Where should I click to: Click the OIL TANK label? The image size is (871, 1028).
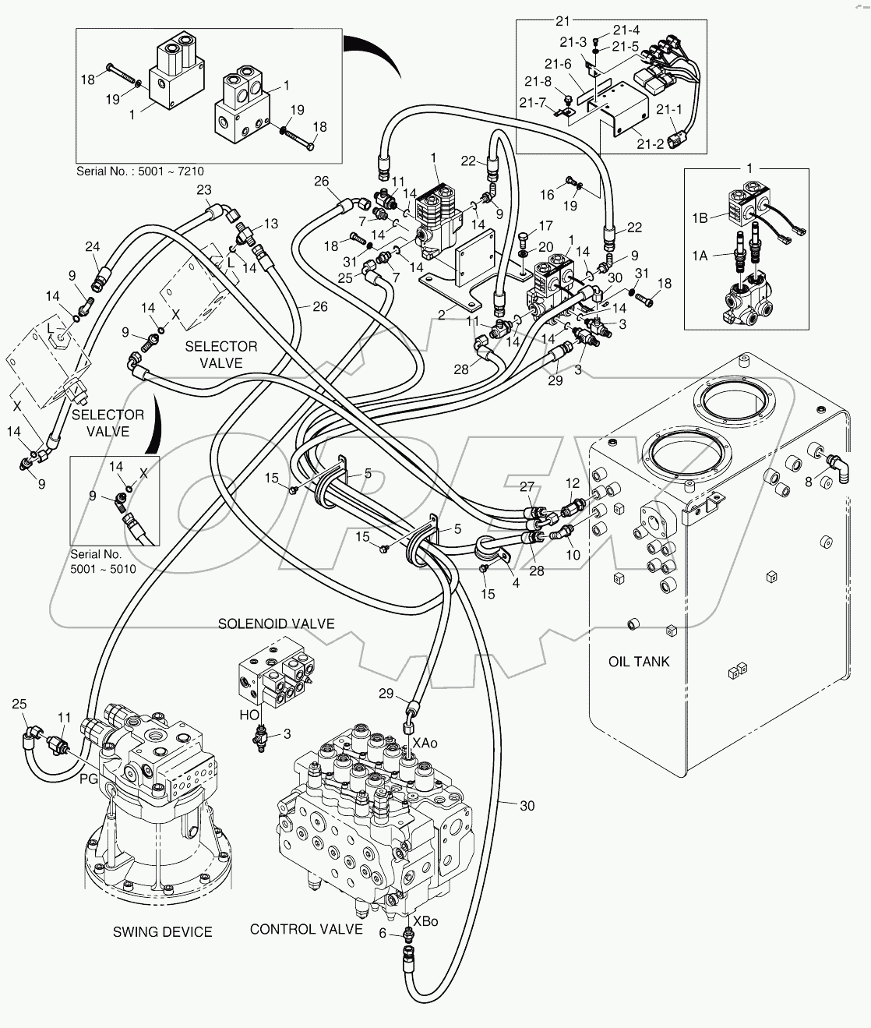tap(638, 662)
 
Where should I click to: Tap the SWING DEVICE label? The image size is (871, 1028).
tap(162, 931)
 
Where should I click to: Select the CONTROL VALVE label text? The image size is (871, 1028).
tap(306, 929)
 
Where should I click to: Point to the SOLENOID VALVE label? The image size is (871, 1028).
tap(276, 624)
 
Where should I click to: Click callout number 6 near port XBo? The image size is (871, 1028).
tap(383, 933)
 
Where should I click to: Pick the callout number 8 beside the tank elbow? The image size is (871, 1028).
tap(809, 482)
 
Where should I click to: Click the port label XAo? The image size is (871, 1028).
tap(425, 743)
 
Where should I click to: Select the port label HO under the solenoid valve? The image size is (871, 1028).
tap(249, 714)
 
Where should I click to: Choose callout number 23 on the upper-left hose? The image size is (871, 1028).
tap(203, 189)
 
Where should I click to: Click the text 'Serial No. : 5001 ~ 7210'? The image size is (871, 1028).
tap(139, 171)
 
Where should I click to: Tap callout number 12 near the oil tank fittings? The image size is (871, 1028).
tap(573, 483)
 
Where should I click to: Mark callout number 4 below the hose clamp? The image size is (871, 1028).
tap(515, 582)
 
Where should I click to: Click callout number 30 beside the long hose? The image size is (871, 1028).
tap(527, 806)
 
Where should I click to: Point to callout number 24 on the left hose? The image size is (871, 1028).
tap(93, 248)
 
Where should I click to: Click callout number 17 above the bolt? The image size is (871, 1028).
tap(545, 226)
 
